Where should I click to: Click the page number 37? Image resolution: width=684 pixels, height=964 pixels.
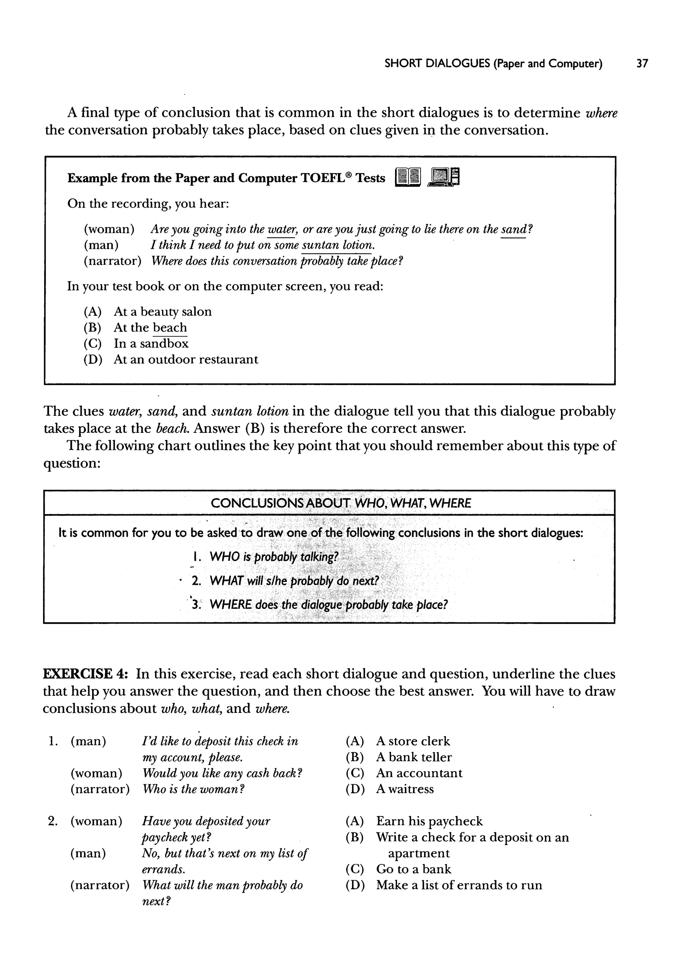(642, 63)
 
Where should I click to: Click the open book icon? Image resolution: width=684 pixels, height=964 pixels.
(408, 177)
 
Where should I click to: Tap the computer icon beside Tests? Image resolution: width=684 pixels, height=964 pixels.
(444, 177)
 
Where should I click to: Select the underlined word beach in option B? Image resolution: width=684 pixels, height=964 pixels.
(170, 327)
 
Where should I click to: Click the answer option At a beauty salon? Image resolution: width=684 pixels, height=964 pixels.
(162, 312)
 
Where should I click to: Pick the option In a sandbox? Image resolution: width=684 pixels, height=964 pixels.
(151, 344)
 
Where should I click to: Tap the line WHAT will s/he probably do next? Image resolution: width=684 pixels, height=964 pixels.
(294, 581)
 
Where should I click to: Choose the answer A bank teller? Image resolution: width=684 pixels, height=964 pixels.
(413, 757)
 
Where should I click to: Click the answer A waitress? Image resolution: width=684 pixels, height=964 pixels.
(404, 789)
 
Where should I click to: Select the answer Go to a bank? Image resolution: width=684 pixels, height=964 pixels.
(413, 869)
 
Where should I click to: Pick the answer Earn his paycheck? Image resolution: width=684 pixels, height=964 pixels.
(429, 821)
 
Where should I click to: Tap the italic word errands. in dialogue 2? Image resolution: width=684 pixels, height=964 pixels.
(163, 869)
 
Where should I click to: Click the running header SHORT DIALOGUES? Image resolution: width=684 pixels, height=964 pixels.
(437, 63)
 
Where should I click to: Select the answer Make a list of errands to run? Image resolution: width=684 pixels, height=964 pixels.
(459, 885)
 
